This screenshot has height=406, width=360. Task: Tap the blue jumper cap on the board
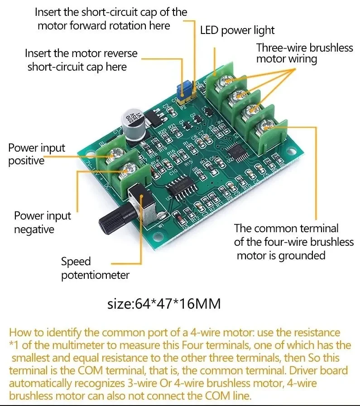tap(185, 89)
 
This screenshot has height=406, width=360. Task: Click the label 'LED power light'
tap(237, 30)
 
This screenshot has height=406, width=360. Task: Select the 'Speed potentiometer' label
tap(95, 268)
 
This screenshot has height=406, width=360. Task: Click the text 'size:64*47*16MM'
tap(164, 304)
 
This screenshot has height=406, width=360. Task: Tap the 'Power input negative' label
tap(43, 222)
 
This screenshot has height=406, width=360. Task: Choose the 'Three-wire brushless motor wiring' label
tap(304, 53)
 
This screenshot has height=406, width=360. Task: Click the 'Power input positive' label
tap(37, 154)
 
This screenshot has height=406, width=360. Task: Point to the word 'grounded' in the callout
tap(302, 255)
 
